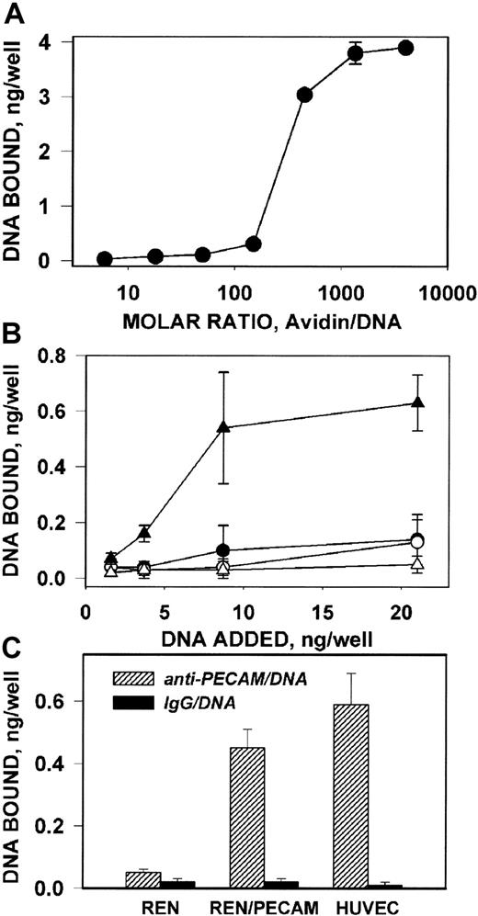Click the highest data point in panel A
[405, 48]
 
